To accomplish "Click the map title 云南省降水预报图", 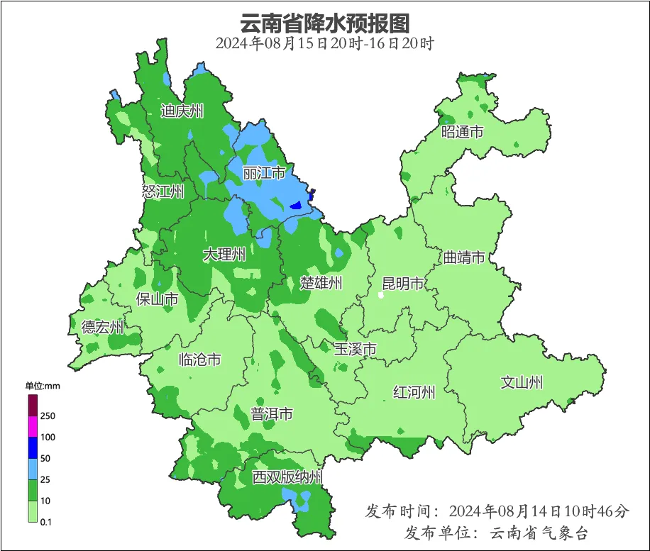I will pos(325,23).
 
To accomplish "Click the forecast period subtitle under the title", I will pos(325,43).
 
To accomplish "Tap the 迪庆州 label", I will pos(182,111).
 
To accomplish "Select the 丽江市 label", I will pos(263,173).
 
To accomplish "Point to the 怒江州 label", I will pos(162,191).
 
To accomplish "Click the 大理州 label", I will pos(224,255).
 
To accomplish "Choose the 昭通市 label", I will pos(462,132).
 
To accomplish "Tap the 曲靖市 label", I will pos(464,257).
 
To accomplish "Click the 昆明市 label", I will pos(402,284).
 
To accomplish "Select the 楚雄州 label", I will pos(321,283).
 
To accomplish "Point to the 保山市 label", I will pos(157,299).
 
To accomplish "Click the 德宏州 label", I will pos(102,327).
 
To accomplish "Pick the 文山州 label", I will pos(522,382).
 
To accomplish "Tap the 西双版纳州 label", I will pos(287,477).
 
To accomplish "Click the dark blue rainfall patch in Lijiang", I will pos(297,206).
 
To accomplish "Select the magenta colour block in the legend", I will pos(33,427).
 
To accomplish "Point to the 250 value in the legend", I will pos(48,416).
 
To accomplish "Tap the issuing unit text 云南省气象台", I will pos(539,533).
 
